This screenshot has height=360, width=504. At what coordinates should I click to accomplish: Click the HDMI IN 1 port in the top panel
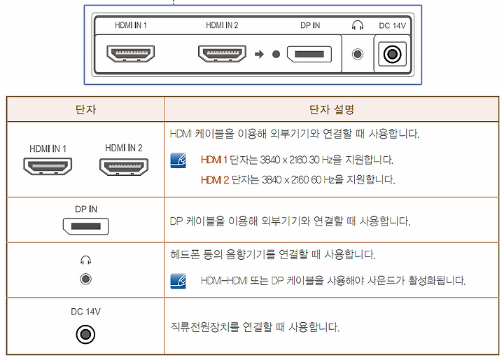tap(130, 53)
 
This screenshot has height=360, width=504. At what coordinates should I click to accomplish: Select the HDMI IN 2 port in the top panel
tap(222, 53)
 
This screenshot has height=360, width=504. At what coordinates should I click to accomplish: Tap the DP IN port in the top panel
tap(310, 53)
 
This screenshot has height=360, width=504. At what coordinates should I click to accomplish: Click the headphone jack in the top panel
tap(358, 53)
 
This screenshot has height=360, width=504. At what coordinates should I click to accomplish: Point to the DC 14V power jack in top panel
tap(393, 53)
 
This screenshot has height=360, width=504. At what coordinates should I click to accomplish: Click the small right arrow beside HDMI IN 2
tap(259, 53)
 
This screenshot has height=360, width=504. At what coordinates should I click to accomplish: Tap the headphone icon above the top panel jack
tap(358, 25)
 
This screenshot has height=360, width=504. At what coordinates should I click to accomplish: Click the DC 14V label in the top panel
tap(393, 26)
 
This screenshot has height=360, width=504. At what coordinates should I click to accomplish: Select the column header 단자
tap(85, 109)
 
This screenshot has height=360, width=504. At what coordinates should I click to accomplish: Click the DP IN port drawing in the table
tap(85, 226)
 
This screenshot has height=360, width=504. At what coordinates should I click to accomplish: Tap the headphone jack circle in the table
tap(85, 279)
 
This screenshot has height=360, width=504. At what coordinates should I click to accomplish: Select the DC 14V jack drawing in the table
tap(85, 334)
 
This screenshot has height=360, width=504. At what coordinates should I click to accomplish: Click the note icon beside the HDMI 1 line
tap(178, 160)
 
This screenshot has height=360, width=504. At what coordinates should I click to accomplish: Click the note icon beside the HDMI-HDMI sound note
tap(178, 281)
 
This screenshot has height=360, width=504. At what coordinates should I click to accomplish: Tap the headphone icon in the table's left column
tap(85, 261)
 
